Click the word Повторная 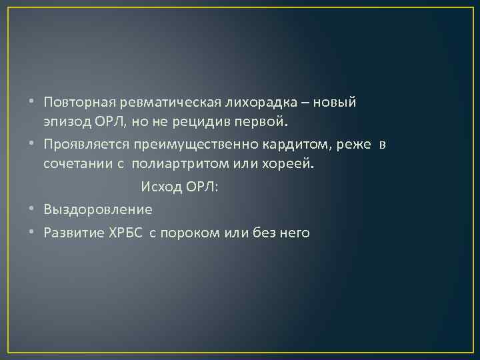point(79,103)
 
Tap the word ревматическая point(165,103)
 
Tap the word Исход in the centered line point(160,188)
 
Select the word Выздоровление point(98,209)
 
